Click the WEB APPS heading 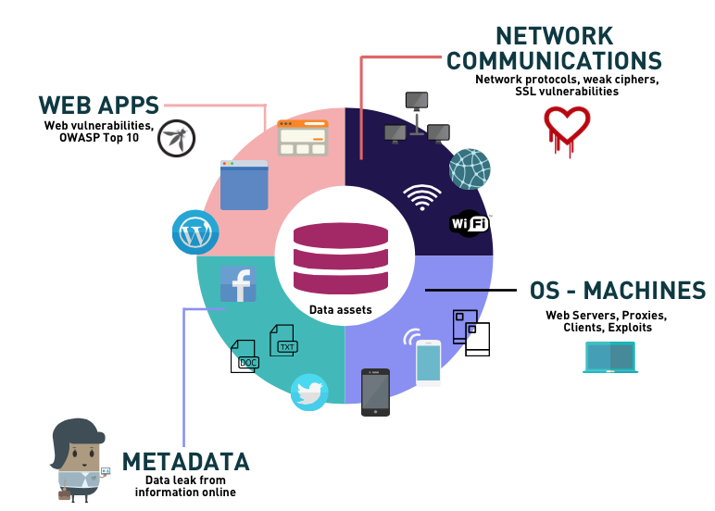(x=98, y=105)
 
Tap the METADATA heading (x=186, y=461)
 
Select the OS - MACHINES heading (x=618, y=291)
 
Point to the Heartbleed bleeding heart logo (x=567, y=128)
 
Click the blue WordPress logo (x=195, y=232)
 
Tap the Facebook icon (x=238, y=284)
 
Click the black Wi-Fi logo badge (x=469, y=222)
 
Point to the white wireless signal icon (x=422, y=196)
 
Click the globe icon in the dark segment (x=470, y=169)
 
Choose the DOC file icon (x=245, y=356)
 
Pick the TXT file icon (x=283, y=340)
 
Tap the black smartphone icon (x=375, y=392)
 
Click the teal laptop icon (x=609, y=357)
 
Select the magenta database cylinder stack (x=340, y=258)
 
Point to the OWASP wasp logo (x=176, y=138)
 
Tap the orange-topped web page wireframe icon (x=303, y=138)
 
